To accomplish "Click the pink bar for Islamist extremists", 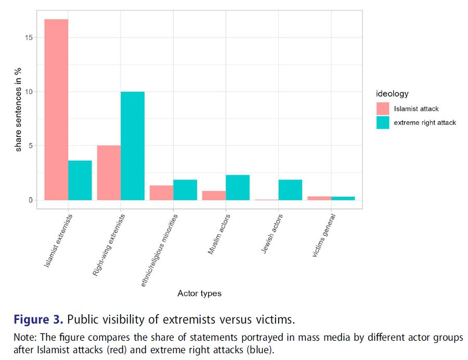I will tap(56, 109).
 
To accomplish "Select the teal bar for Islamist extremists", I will tap(80, 180).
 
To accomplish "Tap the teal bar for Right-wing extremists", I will tap(133, 146).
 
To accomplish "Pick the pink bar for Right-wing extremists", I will tap(109, 173).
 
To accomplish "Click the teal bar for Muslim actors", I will tap(238, 187).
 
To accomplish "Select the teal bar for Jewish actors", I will tap(290, 190).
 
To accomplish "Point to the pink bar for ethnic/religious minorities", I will tap(161, 192).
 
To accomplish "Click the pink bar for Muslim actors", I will tap(214, 195).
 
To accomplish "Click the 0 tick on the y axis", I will tap(31, 200).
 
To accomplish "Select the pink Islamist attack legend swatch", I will tap(383, 109).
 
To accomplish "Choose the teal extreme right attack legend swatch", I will tap(383, 122).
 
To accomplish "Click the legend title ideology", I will tap(392, 94).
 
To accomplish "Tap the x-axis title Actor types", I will tap(199, 293).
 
